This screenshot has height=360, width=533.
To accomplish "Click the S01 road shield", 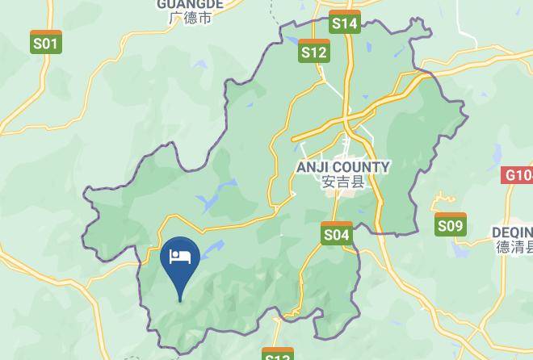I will [x=46, y=42].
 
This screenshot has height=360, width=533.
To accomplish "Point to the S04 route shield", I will [x=337, y=234].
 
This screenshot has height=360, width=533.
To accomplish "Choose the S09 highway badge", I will [x=451, y=225].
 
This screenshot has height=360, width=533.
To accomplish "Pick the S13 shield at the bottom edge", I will [x=277, y=355].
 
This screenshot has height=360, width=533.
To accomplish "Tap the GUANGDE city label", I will [x=191, y=4].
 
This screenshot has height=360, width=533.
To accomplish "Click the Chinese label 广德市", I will [x=191, y=17].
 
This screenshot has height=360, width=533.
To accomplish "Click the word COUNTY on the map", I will [x=363, y=167].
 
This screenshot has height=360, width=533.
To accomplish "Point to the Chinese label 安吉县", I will [x=343, y=182].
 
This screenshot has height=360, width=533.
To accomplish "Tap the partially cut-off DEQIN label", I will [x=512, y=232].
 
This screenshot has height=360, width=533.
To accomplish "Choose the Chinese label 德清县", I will [x=512, y=247].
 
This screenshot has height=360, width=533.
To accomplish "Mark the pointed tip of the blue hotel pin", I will [x=179, y=302].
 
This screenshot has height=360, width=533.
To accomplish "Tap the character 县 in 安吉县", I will [x=358, y=182].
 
